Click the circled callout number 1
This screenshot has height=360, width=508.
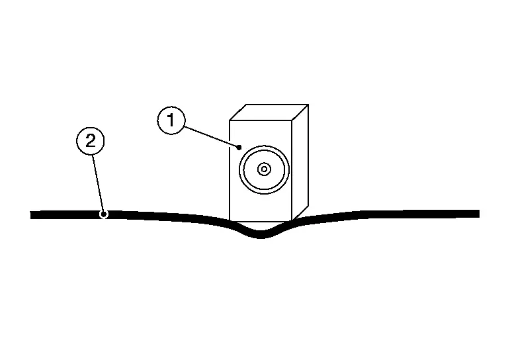(x=171, y=121)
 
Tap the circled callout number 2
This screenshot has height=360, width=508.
(x=91, y=140)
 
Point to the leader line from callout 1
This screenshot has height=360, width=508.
(x=210, y=135)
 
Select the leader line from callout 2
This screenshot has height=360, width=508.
(x=97, y=179)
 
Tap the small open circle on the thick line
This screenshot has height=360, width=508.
(x=103, y=214)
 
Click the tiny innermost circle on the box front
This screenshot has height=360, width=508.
(x=264, y=169)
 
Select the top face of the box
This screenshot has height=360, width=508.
(x=269, y=112)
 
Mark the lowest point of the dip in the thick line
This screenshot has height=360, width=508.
(x=261, y=235)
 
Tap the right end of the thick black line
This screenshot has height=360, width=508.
(x=478, y=213)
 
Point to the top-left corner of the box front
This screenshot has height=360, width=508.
(x=230, y=120)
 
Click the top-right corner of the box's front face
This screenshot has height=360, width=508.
(x=292, y=120)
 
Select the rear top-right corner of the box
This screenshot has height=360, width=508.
(x=308, y=105)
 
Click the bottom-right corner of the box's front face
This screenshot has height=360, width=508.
(x=292, y=220)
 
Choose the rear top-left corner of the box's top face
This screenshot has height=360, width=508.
(x=246, y=105)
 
